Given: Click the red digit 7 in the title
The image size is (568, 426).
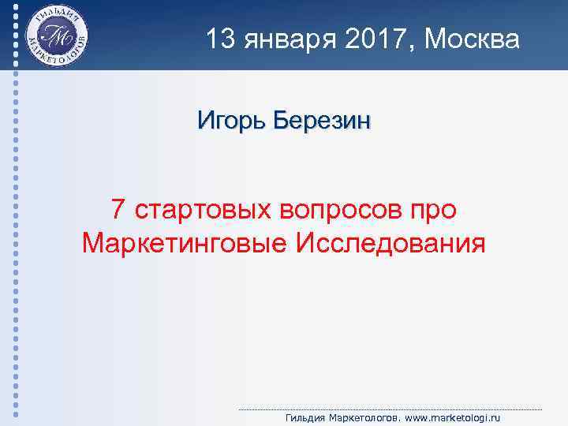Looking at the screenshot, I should pyautogui.click(x=118, y=210).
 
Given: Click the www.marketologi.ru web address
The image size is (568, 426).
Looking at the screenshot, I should pyautogui.click(x=444, y=418).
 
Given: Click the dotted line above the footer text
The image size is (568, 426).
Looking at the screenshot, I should pyautogui.click(x=390, y=409).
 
